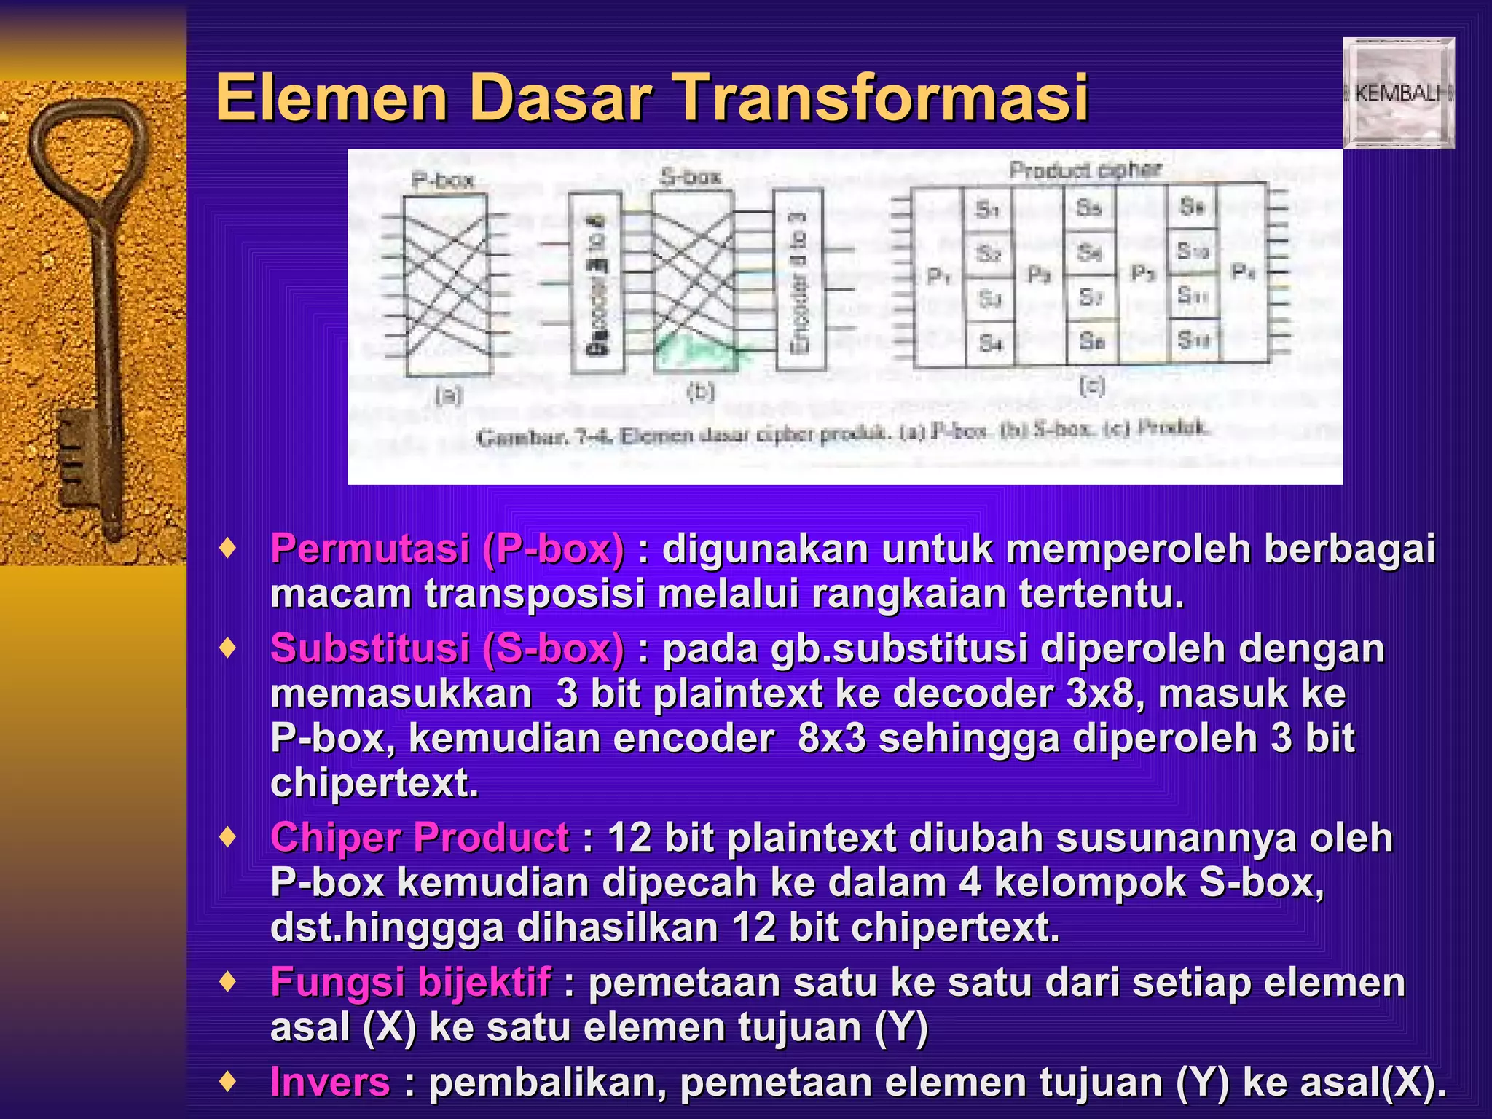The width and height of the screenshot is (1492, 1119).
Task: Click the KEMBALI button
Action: coord(1399,93)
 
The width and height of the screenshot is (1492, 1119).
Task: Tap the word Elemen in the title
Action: coord(332,98)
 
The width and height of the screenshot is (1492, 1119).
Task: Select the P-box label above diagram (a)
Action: coord(443,180)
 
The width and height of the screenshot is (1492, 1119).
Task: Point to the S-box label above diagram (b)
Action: coord(691,176)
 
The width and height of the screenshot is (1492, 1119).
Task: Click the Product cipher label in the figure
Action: coord(1085,170)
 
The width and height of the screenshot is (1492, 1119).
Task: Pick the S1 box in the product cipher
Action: coord(989,210)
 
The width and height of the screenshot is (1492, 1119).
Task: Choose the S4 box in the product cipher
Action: coord(990,342)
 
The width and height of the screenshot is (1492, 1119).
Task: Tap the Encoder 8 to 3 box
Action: coord(799,280)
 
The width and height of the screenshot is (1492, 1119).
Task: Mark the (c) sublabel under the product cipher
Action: coord(1092,385)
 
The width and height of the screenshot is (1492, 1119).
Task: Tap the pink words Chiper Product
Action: coord(419,837)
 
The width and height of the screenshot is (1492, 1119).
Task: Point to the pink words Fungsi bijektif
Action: coord(410,982)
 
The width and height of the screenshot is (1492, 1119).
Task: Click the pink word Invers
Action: coord(330,1082)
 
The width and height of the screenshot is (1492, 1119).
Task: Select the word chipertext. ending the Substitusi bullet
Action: coord(374,784)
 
